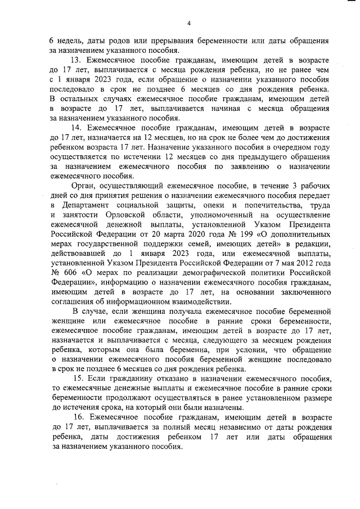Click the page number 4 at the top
[x=189, y=23]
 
